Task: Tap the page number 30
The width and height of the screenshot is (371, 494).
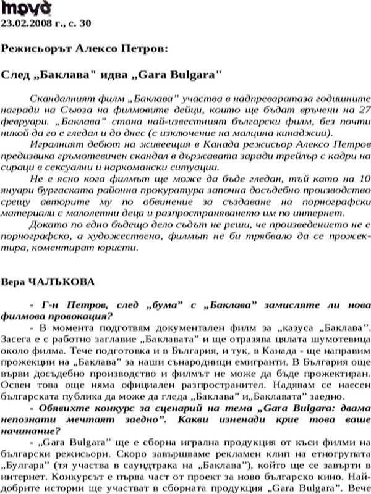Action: point(85,23)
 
